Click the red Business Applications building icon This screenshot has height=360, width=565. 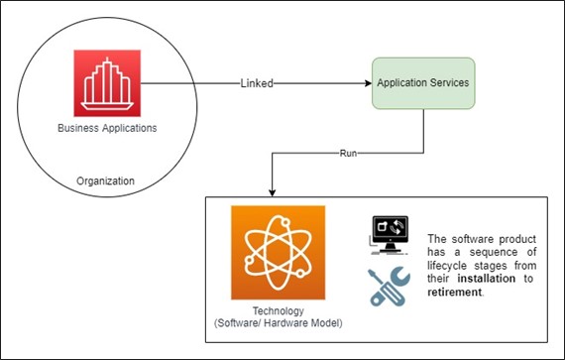(107, 83)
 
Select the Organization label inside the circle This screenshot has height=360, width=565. (105, 180)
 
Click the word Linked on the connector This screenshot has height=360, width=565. (257, 84)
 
